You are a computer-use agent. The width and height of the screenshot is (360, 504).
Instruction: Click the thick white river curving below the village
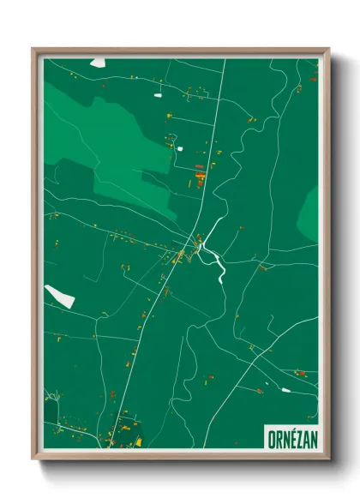[x=216, y=261]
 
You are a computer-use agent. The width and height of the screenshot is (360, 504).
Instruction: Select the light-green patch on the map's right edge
[x=309, y=214]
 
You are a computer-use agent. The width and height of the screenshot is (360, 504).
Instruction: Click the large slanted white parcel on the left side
[x=60, y=296]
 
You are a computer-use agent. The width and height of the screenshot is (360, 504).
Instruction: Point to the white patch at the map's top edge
[x=98, y=62]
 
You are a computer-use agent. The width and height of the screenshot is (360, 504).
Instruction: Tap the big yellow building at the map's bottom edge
[x=138, y=442]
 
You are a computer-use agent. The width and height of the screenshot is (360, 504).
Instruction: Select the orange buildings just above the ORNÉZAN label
[x=300, y=373]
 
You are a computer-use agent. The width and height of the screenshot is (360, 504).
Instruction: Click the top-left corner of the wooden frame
[x=33, y=50]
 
